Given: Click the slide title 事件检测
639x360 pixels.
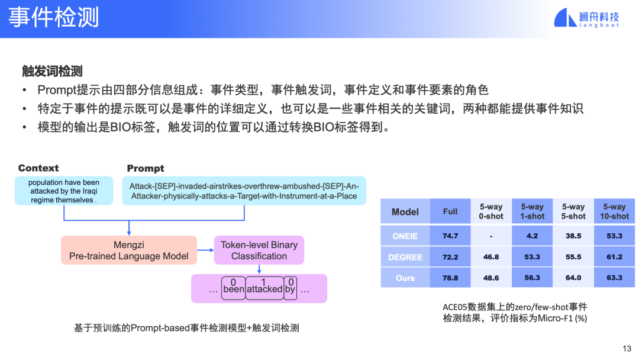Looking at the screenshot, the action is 53,18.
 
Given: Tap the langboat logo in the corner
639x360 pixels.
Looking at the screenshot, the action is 586,18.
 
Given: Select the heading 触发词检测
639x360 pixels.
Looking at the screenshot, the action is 52,71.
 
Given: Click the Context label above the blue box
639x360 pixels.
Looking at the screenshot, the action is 38,168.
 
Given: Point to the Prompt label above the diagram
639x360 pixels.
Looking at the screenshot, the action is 146,168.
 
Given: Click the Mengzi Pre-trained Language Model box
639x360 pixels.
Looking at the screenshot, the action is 129,250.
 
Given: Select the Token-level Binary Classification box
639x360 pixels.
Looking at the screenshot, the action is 259,250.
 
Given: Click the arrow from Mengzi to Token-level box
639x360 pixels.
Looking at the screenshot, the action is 205,250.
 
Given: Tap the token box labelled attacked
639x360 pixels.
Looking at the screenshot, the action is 264,288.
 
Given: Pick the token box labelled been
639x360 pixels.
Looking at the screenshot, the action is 234,288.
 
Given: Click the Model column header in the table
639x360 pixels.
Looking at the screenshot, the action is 405,211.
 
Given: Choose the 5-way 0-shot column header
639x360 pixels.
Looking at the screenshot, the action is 491,211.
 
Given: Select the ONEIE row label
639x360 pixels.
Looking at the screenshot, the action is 405,236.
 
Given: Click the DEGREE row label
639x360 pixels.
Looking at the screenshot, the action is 405,257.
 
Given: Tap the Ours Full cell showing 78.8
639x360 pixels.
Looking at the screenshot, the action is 450,278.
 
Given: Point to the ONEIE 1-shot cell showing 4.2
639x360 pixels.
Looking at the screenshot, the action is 532,236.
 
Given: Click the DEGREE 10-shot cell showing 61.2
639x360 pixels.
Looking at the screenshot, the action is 615,257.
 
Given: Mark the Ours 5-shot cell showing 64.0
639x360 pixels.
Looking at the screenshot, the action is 573,278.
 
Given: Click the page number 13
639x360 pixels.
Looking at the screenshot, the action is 627,349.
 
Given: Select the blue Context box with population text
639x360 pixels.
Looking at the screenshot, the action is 64,191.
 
